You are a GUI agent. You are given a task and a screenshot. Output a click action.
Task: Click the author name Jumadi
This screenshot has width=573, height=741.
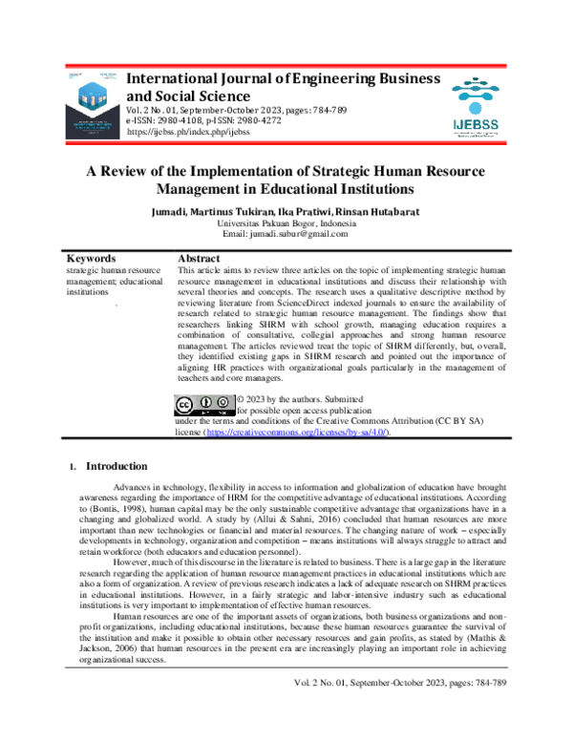(x=171, y=209)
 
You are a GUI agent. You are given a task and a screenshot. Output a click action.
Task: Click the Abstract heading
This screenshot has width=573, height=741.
(x=200, y=259)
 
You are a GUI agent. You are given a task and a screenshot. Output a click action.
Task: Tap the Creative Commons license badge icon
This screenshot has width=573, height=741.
(x=203, y=405)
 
